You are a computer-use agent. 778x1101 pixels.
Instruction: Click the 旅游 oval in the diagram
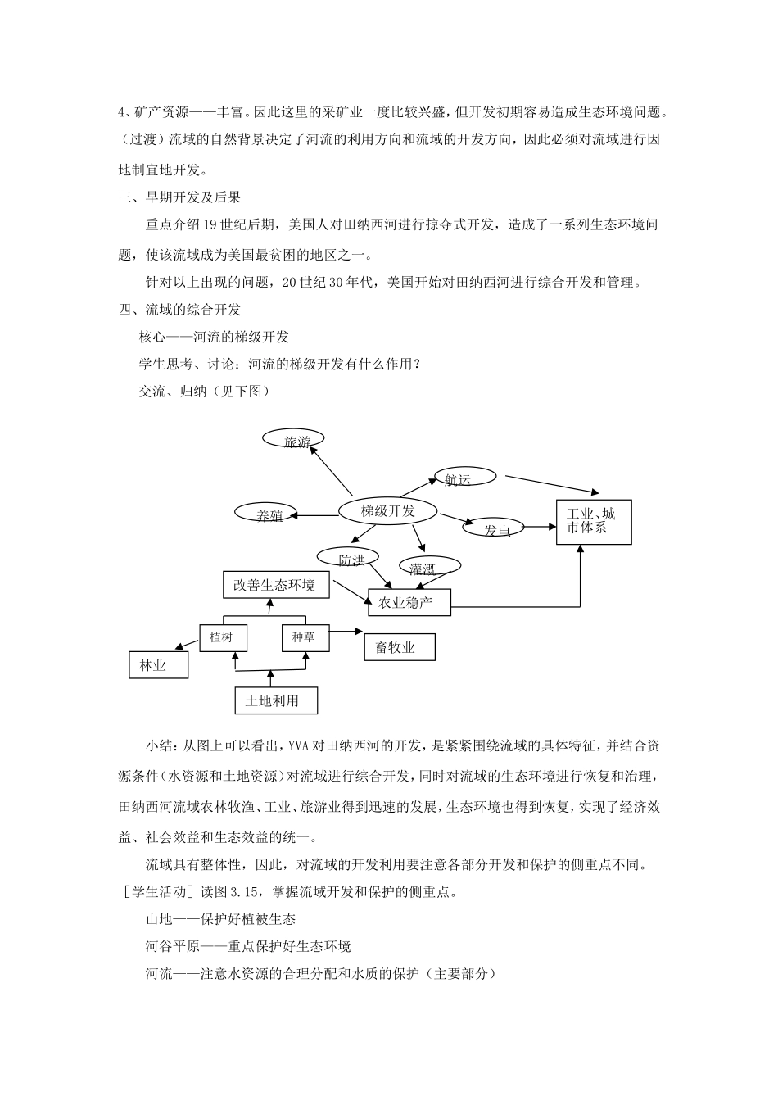293,440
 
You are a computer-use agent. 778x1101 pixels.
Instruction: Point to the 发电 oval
494,528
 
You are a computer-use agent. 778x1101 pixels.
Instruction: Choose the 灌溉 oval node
428,566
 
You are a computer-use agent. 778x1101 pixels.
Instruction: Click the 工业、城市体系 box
594,521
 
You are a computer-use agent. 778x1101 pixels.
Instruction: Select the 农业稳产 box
409,604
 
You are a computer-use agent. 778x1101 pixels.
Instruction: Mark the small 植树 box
223,637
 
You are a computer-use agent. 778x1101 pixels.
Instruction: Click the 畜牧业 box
399,647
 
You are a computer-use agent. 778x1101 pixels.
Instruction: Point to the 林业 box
158,664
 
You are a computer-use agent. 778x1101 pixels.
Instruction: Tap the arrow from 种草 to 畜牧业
346,632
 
